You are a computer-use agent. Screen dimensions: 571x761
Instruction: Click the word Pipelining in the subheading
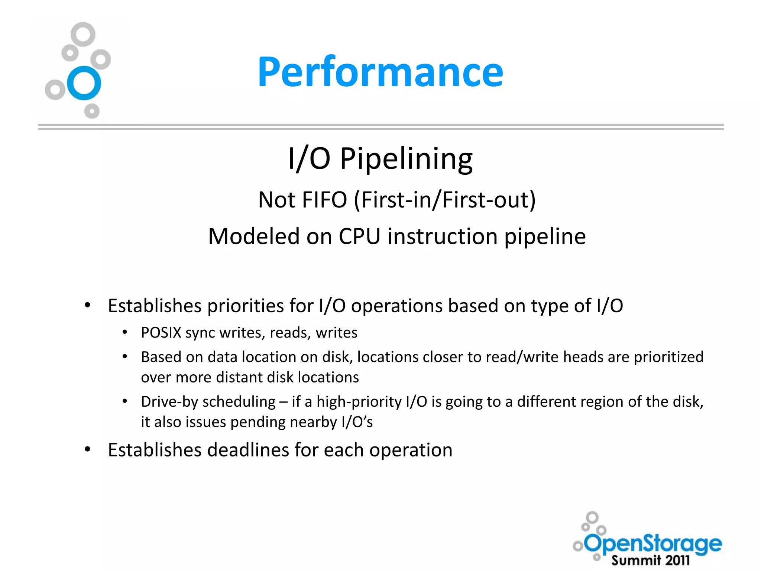tap(406, 159)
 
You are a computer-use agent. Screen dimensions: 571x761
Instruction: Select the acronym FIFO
tap(324, 200)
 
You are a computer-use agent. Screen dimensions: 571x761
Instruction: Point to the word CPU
tap(360, 236)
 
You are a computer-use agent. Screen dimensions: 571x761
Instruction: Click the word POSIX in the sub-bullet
tap(161, 333)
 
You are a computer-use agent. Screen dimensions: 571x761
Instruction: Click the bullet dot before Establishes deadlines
tap(88, 450)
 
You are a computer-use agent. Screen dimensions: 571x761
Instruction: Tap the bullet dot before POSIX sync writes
tap(125, 332)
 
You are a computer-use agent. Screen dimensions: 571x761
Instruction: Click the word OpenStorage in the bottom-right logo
tap(653, 544)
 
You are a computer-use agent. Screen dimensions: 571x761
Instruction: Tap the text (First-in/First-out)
tap(445, 200)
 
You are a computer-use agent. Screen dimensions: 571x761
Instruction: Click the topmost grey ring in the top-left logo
tap(83, 35)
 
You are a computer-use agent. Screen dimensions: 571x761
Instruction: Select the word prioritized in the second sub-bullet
tap(668, 357)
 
